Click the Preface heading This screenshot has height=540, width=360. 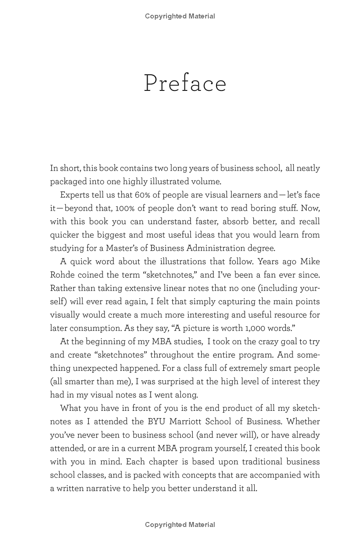[x=185, y=83]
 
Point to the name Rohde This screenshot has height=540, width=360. [x=63, y=274]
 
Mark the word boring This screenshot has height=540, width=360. [x=259, y=208]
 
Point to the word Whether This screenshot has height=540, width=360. [x=303, y=422]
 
